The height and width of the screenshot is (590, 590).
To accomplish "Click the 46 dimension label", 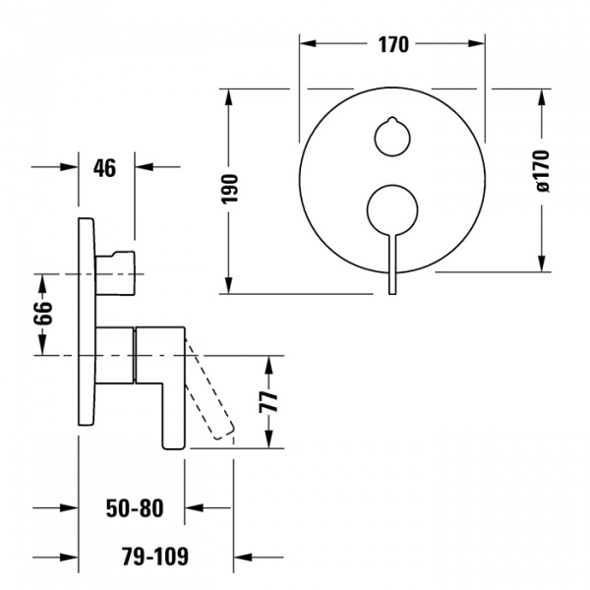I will point(104,168).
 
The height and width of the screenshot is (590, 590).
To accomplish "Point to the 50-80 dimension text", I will point(134,508).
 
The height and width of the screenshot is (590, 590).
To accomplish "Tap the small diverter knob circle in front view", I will point(392,134).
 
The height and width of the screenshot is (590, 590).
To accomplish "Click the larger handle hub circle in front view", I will point(392,209).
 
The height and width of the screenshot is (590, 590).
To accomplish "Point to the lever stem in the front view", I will point(392,261).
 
